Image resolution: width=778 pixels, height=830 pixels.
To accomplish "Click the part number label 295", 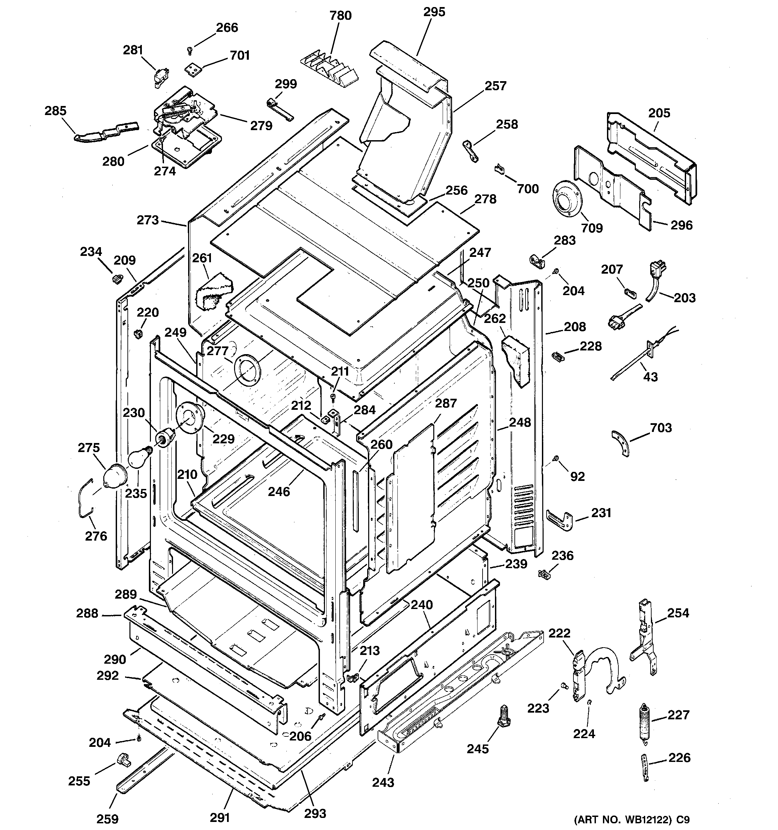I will tap(434, 12).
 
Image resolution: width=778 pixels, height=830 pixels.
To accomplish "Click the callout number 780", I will tap(340, 16).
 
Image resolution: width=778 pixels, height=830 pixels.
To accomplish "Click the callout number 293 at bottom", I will tap(315, 813).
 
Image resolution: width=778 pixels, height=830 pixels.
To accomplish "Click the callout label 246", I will tap(279, 492).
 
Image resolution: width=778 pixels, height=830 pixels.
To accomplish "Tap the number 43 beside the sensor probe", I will tap(650, 377).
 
